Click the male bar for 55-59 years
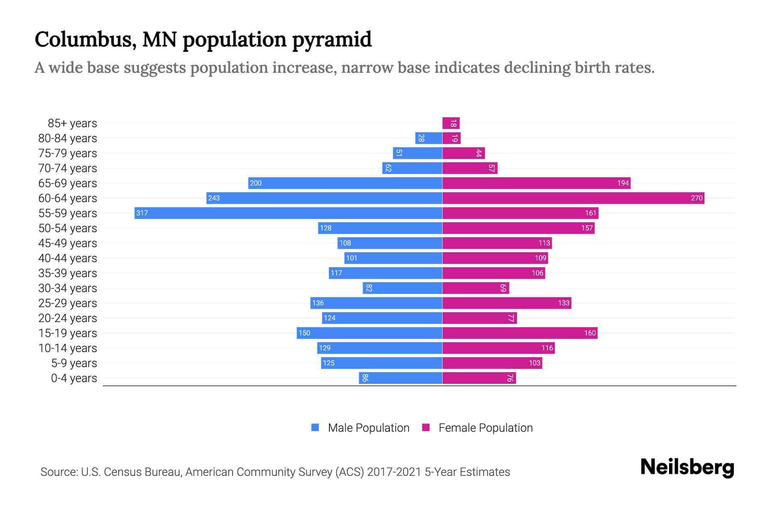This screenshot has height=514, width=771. coord(288,213)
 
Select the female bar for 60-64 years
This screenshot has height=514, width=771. coord(573,198)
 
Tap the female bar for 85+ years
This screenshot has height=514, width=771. coord(451,123)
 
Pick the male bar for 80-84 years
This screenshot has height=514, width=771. coord(428,138)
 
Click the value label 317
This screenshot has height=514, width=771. coord(142,213)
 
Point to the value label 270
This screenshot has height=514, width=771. coord(696,198)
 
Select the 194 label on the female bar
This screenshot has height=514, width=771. coord(623,183)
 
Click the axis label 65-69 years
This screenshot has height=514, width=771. coord(68,183)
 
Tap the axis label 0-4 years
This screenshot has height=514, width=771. coord(74,378)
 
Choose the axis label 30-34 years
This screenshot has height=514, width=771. coord(68,288)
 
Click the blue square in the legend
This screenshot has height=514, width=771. coord(315,427)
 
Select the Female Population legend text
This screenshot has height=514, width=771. coord(485,427)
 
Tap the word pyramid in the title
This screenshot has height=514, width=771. coord(332,40)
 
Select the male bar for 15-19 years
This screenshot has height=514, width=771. coord(369,333)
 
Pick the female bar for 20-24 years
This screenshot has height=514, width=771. coord(479,318)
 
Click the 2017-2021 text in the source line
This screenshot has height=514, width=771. coord(394,472)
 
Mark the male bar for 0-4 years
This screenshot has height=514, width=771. coord(400,378)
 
